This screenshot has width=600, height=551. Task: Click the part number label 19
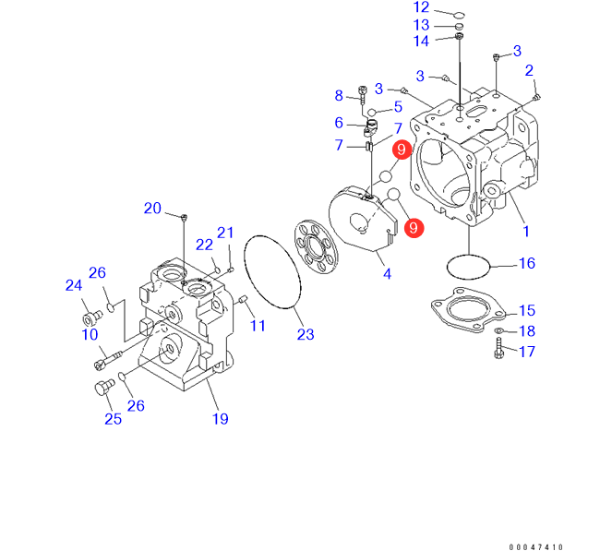pyautogui.click(x=221, y=419)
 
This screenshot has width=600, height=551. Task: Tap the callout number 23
pyautogui.click(x=306, y=333)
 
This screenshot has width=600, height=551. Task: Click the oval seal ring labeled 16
pyautogui.click(x=467, y=266)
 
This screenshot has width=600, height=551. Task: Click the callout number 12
pyautogui.click(x=421, y=8)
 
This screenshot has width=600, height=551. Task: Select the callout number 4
pyautogui.click(x=387, y=273)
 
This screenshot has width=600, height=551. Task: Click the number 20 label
pyautogui.click(x=152, y=209)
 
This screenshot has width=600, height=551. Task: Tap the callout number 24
pyautogui.click(x=74, y=287)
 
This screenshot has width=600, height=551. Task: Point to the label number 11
pyautogui.click(x=258, y=326)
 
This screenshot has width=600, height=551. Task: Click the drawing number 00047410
pyautogui.click(x=534, y=546)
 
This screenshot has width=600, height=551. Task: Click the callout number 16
pyautogui.click(x=526, y=264)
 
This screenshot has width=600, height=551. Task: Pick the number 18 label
pyautogui.click(x=526, y=331)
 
